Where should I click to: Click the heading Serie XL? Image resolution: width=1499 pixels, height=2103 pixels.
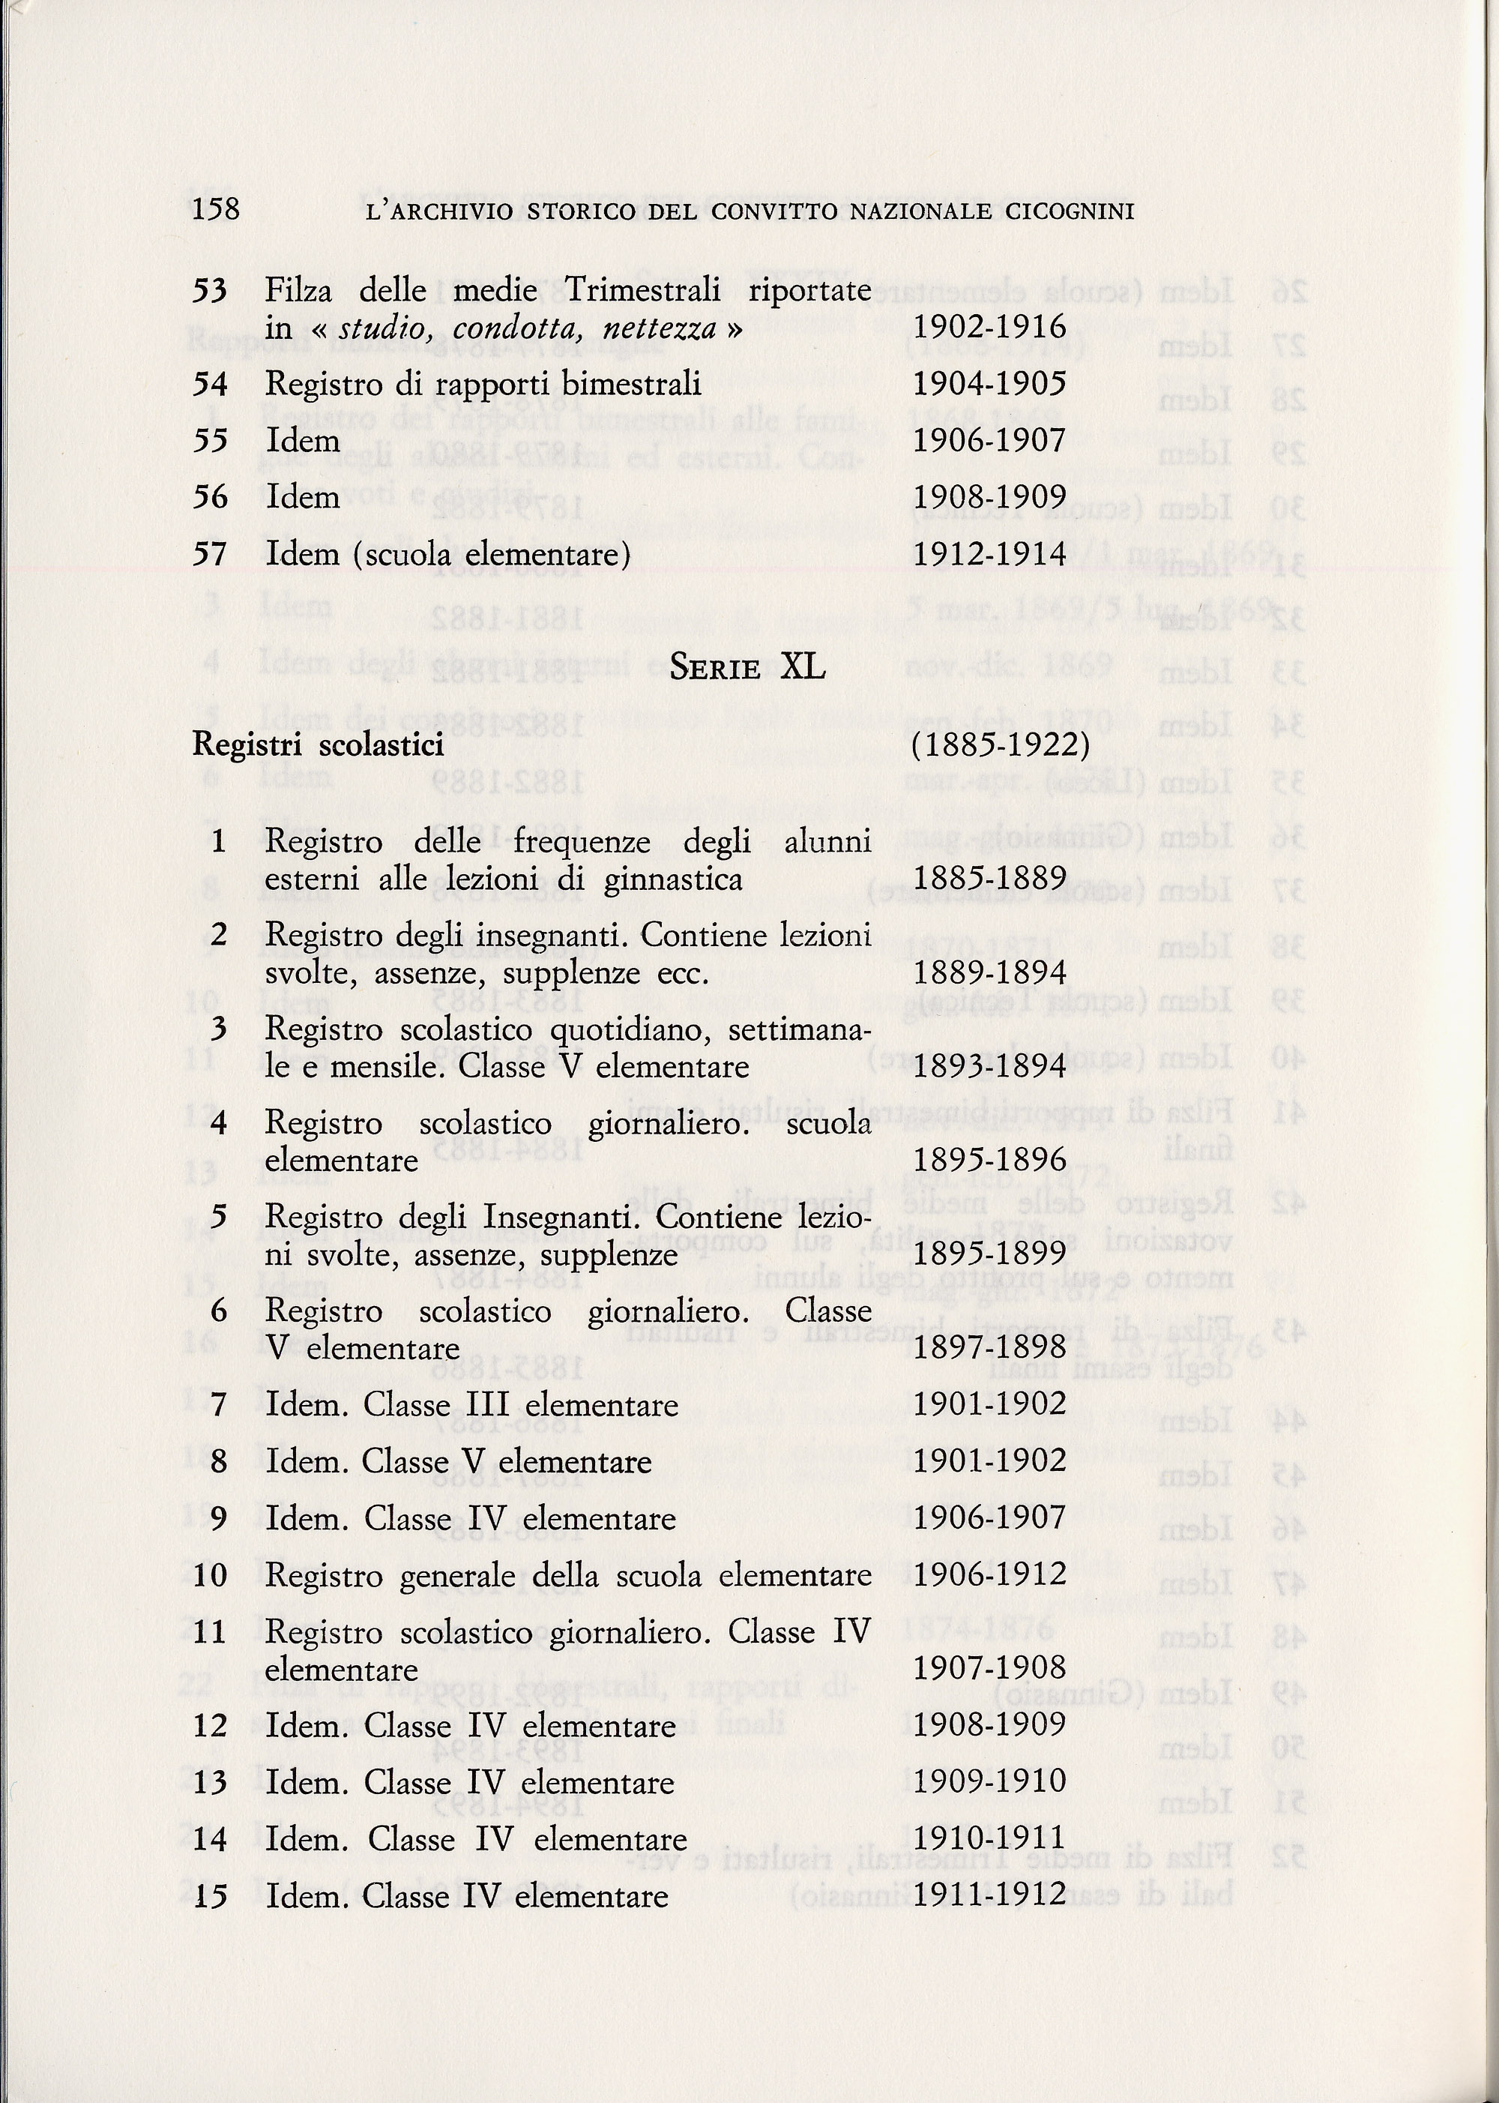[x=747, y=667]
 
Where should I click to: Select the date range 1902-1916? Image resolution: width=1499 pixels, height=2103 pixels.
[x=989, y=328]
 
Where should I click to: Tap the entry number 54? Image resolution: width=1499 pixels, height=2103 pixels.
[x=210, y=384]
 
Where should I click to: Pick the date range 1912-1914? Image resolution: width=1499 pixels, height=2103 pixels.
[x=989, y=555]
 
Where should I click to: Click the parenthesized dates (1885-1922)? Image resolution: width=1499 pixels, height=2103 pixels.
[x=1000, y=744]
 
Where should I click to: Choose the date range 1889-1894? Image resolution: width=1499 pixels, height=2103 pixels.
[x=989, y=973]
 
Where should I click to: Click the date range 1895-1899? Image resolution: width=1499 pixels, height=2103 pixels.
[x=989, y=1254]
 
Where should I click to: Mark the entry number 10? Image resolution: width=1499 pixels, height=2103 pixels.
[x=210, y=1575]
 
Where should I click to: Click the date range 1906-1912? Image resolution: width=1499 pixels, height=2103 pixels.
[x=989, y=1575]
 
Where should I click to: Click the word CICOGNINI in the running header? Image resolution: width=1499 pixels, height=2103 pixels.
[x=1069, y=212]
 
